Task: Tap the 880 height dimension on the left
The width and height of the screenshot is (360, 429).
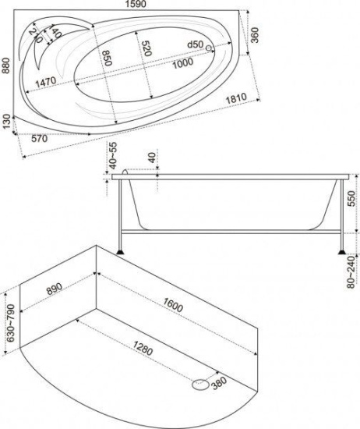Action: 5,66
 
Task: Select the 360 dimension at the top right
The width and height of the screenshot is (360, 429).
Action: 255,35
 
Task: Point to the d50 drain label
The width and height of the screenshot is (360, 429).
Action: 196,44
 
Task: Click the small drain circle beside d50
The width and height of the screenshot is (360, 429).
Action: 209,48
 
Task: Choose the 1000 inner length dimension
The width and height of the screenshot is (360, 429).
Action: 183,63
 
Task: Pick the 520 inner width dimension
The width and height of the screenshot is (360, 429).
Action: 146,48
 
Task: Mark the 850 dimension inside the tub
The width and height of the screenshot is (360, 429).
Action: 106,58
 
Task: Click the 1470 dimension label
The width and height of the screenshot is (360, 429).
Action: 46,82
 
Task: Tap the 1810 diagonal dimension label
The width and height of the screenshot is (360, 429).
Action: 236,98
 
